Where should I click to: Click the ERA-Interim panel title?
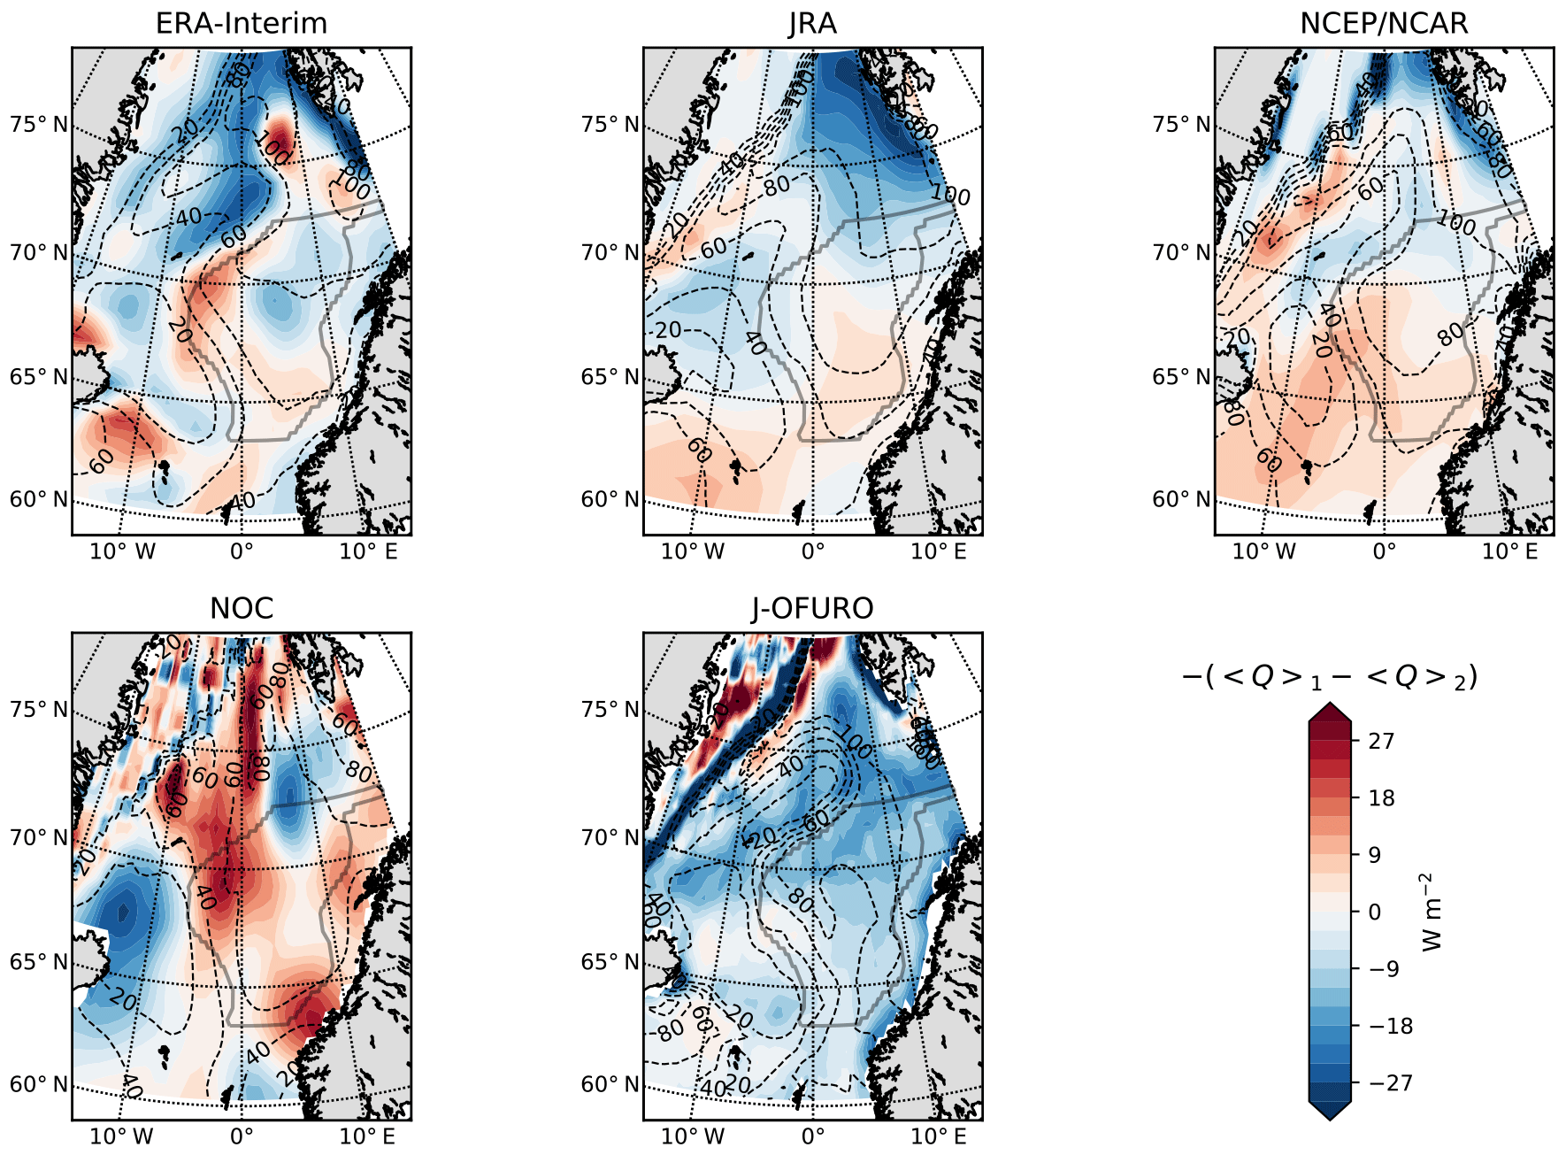tap(241, 23)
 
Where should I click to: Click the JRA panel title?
tap(812, 23)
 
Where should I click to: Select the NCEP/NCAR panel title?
tap(1384, 23)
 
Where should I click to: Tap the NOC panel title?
tap(241, 609)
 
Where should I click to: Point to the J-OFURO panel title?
tap(812, 609)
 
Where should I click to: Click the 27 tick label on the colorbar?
tap(1381, 741)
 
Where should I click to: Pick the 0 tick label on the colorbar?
tap(1374, 912)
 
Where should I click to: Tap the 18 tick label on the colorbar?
tap(1381, 798)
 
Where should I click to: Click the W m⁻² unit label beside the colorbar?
tap(1432, 912)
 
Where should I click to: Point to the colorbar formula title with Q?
tap(1330, 678)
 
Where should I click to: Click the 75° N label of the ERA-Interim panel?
tap(39, 124)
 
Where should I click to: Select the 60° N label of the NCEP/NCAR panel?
tap(1181, 499)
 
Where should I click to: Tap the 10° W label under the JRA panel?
tap(693, 552)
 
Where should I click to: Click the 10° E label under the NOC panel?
tap(368, 1136)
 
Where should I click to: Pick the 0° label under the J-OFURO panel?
tap(812, 1136)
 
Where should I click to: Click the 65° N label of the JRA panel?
tap(610, 377)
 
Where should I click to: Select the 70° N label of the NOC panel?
tap(39, 837)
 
